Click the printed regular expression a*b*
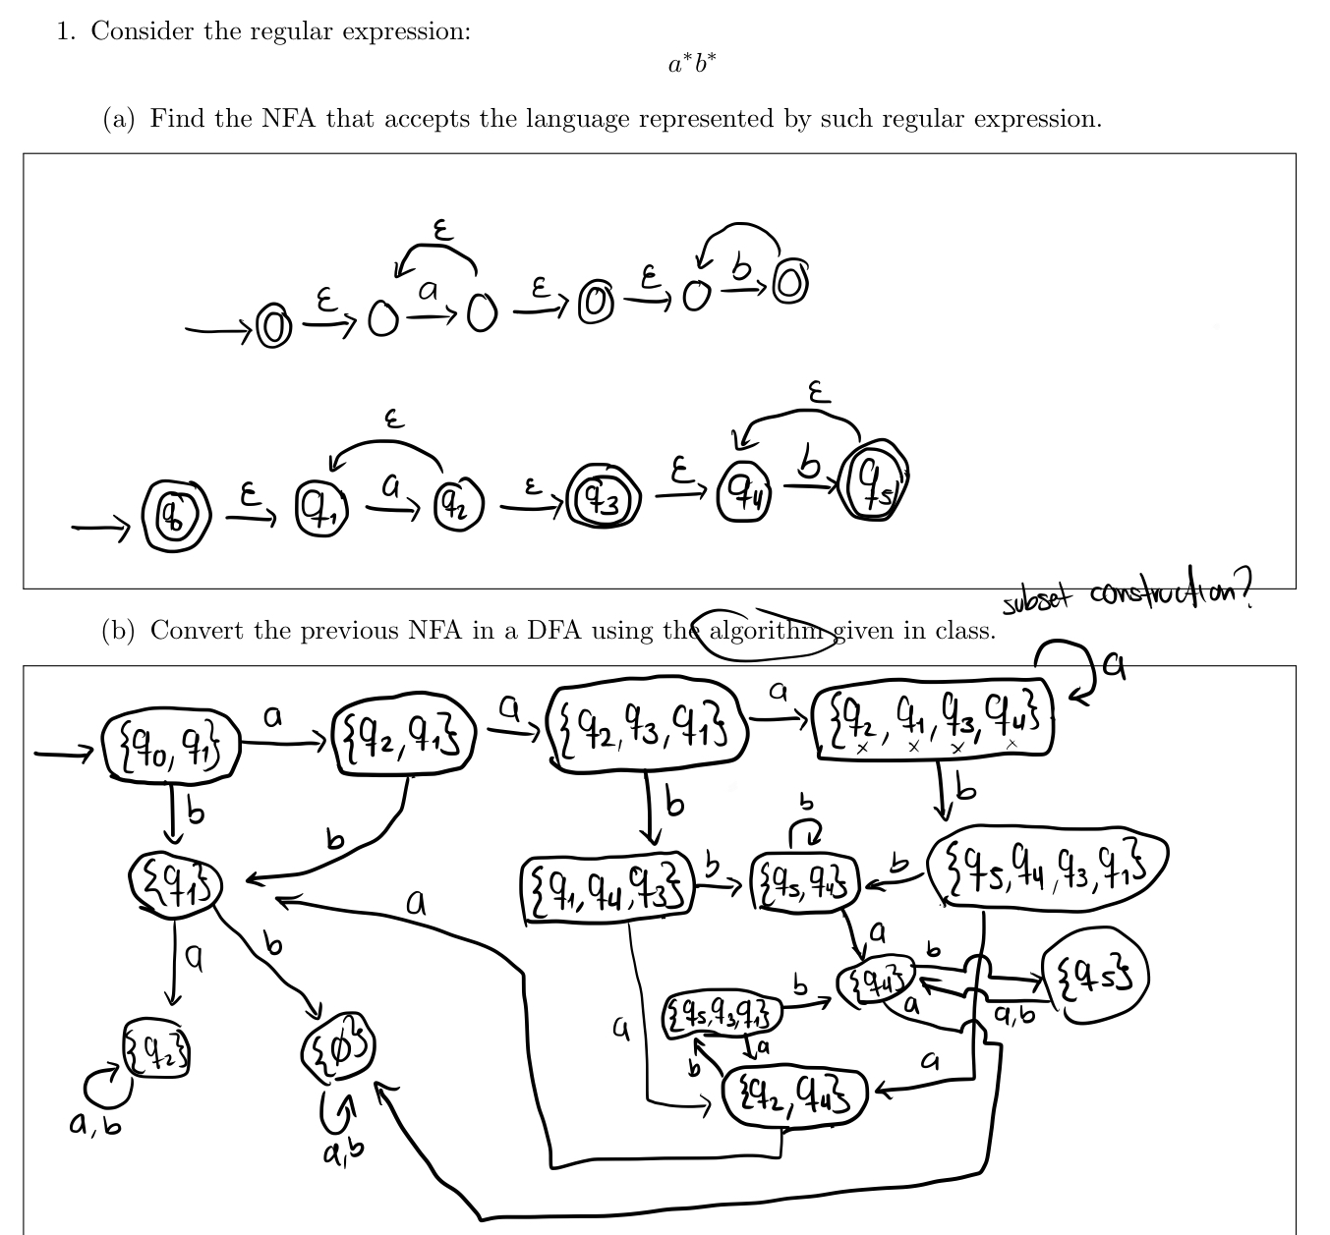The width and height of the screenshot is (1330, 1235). [x=692, y=65]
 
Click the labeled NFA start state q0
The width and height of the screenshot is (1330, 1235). [x=178, y=510]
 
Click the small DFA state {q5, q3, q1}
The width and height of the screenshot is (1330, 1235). [x=723, y=1013]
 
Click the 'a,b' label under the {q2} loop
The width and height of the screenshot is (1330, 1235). [x=95, y=1125]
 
